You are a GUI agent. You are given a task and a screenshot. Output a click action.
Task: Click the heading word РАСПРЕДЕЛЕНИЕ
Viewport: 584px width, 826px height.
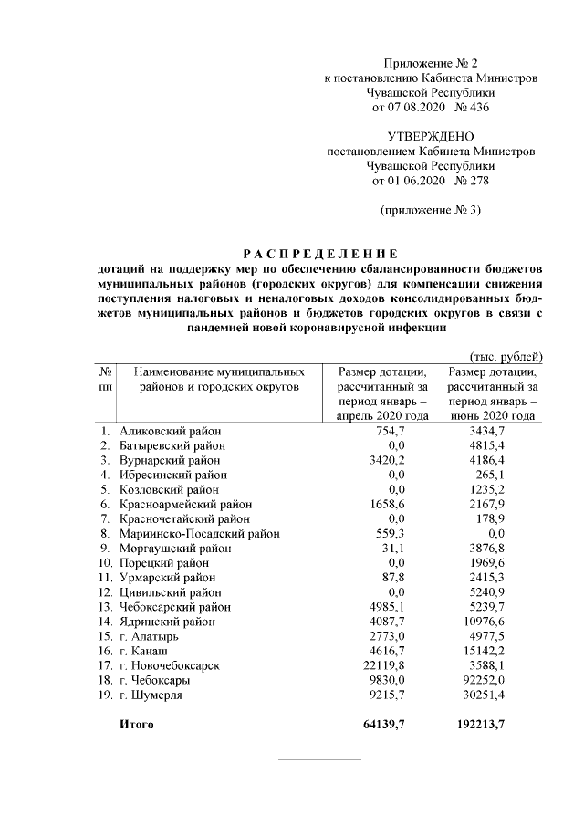319,253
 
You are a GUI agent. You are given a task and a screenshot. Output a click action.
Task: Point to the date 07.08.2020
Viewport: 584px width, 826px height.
411,107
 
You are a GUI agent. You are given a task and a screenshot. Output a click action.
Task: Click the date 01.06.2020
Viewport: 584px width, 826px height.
411,180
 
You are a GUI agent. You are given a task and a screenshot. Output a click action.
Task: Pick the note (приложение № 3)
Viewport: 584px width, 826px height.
430,210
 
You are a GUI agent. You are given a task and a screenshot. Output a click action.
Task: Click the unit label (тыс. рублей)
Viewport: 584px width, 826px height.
505,356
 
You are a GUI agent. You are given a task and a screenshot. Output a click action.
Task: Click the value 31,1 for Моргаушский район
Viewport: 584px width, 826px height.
393,549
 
